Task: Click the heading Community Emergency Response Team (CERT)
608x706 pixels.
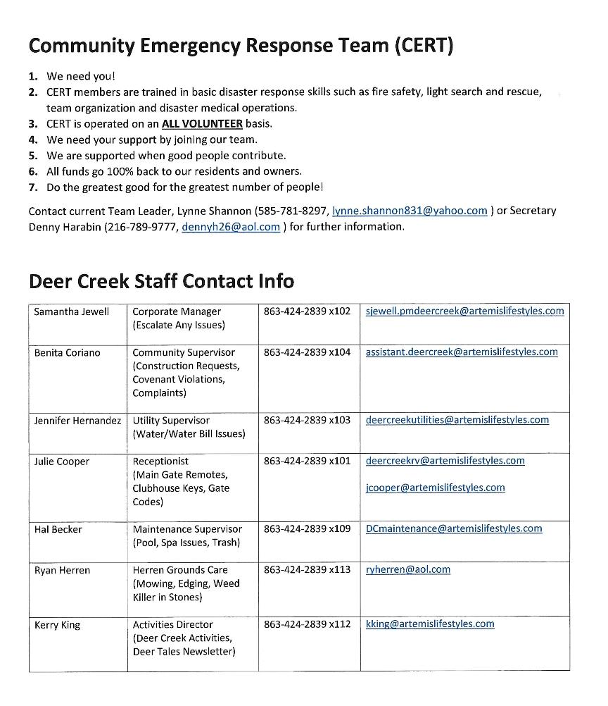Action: (241, 46)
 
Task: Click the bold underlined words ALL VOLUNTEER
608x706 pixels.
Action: (202, 124)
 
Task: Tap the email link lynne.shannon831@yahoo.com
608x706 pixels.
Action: (410, 211)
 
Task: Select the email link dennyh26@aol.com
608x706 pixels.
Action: (231, 227)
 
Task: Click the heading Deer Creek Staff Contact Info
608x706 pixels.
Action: (161, 281)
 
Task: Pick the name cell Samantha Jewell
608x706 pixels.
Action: (71, 311)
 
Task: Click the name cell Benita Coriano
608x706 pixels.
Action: (67, 352)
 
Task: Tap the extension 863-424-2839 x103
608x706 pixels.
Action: (307, 420)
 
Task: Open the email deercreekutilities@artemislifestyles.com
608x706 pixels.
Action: (457, 420)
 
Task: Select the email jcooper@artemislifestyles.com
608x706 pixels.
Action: (435, 488)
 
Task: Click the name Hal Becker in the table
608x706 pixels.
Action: (58, 529)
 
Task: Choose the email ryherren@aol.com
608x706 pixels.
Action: (407, 569)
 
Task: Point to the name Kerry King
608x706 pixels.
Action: (57, 625)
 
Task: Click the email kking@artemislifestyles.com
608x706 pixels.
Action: (429, 624)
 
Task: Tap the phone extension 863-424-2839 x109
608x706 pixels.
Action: (307, 528)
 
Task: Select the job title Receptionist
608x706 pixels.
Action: (160, 462)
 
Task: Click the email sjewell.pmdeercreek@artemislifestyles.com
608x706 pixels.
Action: (464, 311)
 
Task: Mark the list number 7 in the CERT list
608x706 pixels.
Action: (33, 187)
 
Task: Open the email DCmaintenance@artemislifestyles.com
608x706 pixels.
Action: (454, 528)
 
